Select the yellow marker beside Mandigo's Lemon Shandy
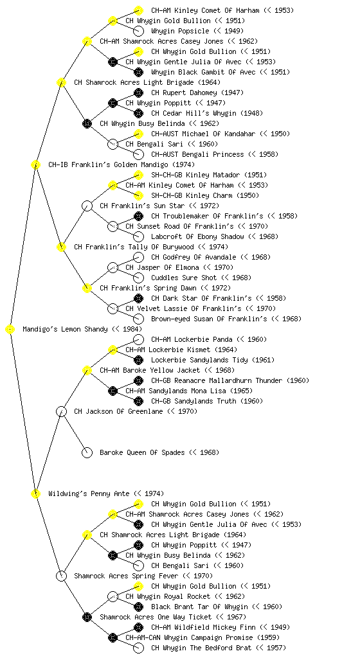pyautogui.click(x=10, y=330)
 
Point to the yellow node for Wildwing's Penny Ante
pyautogui.click(x=35, y=493)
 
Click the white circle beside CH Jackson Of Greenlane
pyautogui.click(x=61, y=411)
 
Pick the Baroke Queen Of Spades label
pyautogui.click(x=142, y=452)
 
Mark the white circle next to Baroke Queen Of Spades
pyautogui.click(x=87, y=452)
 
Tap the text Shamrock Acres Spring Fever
pyautogui.click(x=126, y=576)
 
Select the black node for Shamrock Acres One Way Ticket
pyautogui.click(x=87, y=617)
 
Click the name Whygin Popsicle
pyautogui.click(x=180, y=31)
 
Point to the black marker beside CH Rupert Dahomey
pyautogui.click(x=138, y=93)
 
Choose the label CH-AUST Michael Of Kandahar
pyautogui.click(x=203, y=134)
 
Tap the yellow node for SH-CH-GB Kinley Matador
pyautogui.click(x=138, y=175)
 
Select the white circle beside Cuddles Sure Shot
pyautogui.click(x=138, y=278)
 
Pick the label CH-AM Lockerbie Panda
pyautogui.click(x=192, y=339)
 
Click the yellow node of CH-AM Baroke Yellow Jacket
pyautogui.click(x=87, y=370)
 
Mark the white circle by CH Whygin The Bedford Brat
pyautogui.click(x=138, y=648)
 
